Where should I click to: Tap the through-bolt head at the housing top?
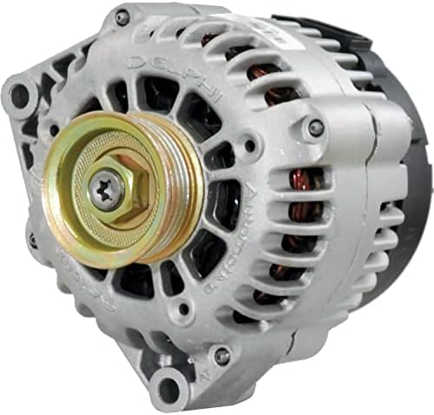pos(122,16)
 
